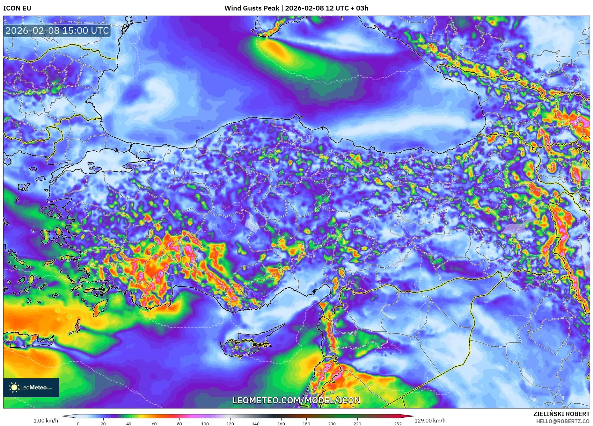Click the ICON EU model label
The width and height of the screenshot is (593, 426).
coord(17,8)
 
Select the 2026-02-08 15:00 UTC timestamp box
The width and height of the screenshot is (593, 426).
coord(57,31)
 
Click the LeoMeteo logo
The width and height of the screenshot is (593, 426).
coord(31,387)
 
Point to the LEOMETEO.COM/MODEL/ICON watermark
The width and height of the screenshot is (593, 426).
coord(296,400)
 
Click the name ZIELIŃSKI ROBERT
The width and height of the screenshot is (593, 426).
coord(561,414)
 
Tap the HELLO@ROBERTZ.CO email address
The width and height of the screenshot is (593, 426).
coord(562,421)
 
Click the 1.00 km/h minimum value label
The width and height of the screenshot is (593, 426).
coord(46,421)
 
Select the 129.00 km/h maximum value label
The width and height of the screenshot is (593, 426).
coord(430,421)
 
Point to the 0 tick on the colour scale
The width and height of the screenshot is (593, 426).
coord(78,424)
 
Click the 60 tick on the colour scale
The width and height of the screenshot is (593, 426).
coord(154,424)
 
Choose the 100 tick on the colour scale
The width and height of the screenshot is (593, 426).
coord(205,424)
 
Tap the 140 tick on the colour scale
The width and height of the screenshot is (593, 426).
coord(255,424)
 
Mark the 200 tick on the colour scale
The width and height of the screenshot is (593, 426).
coord(332,424)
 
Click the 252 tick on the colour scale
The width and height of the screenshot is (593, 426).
coord(398,424)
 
